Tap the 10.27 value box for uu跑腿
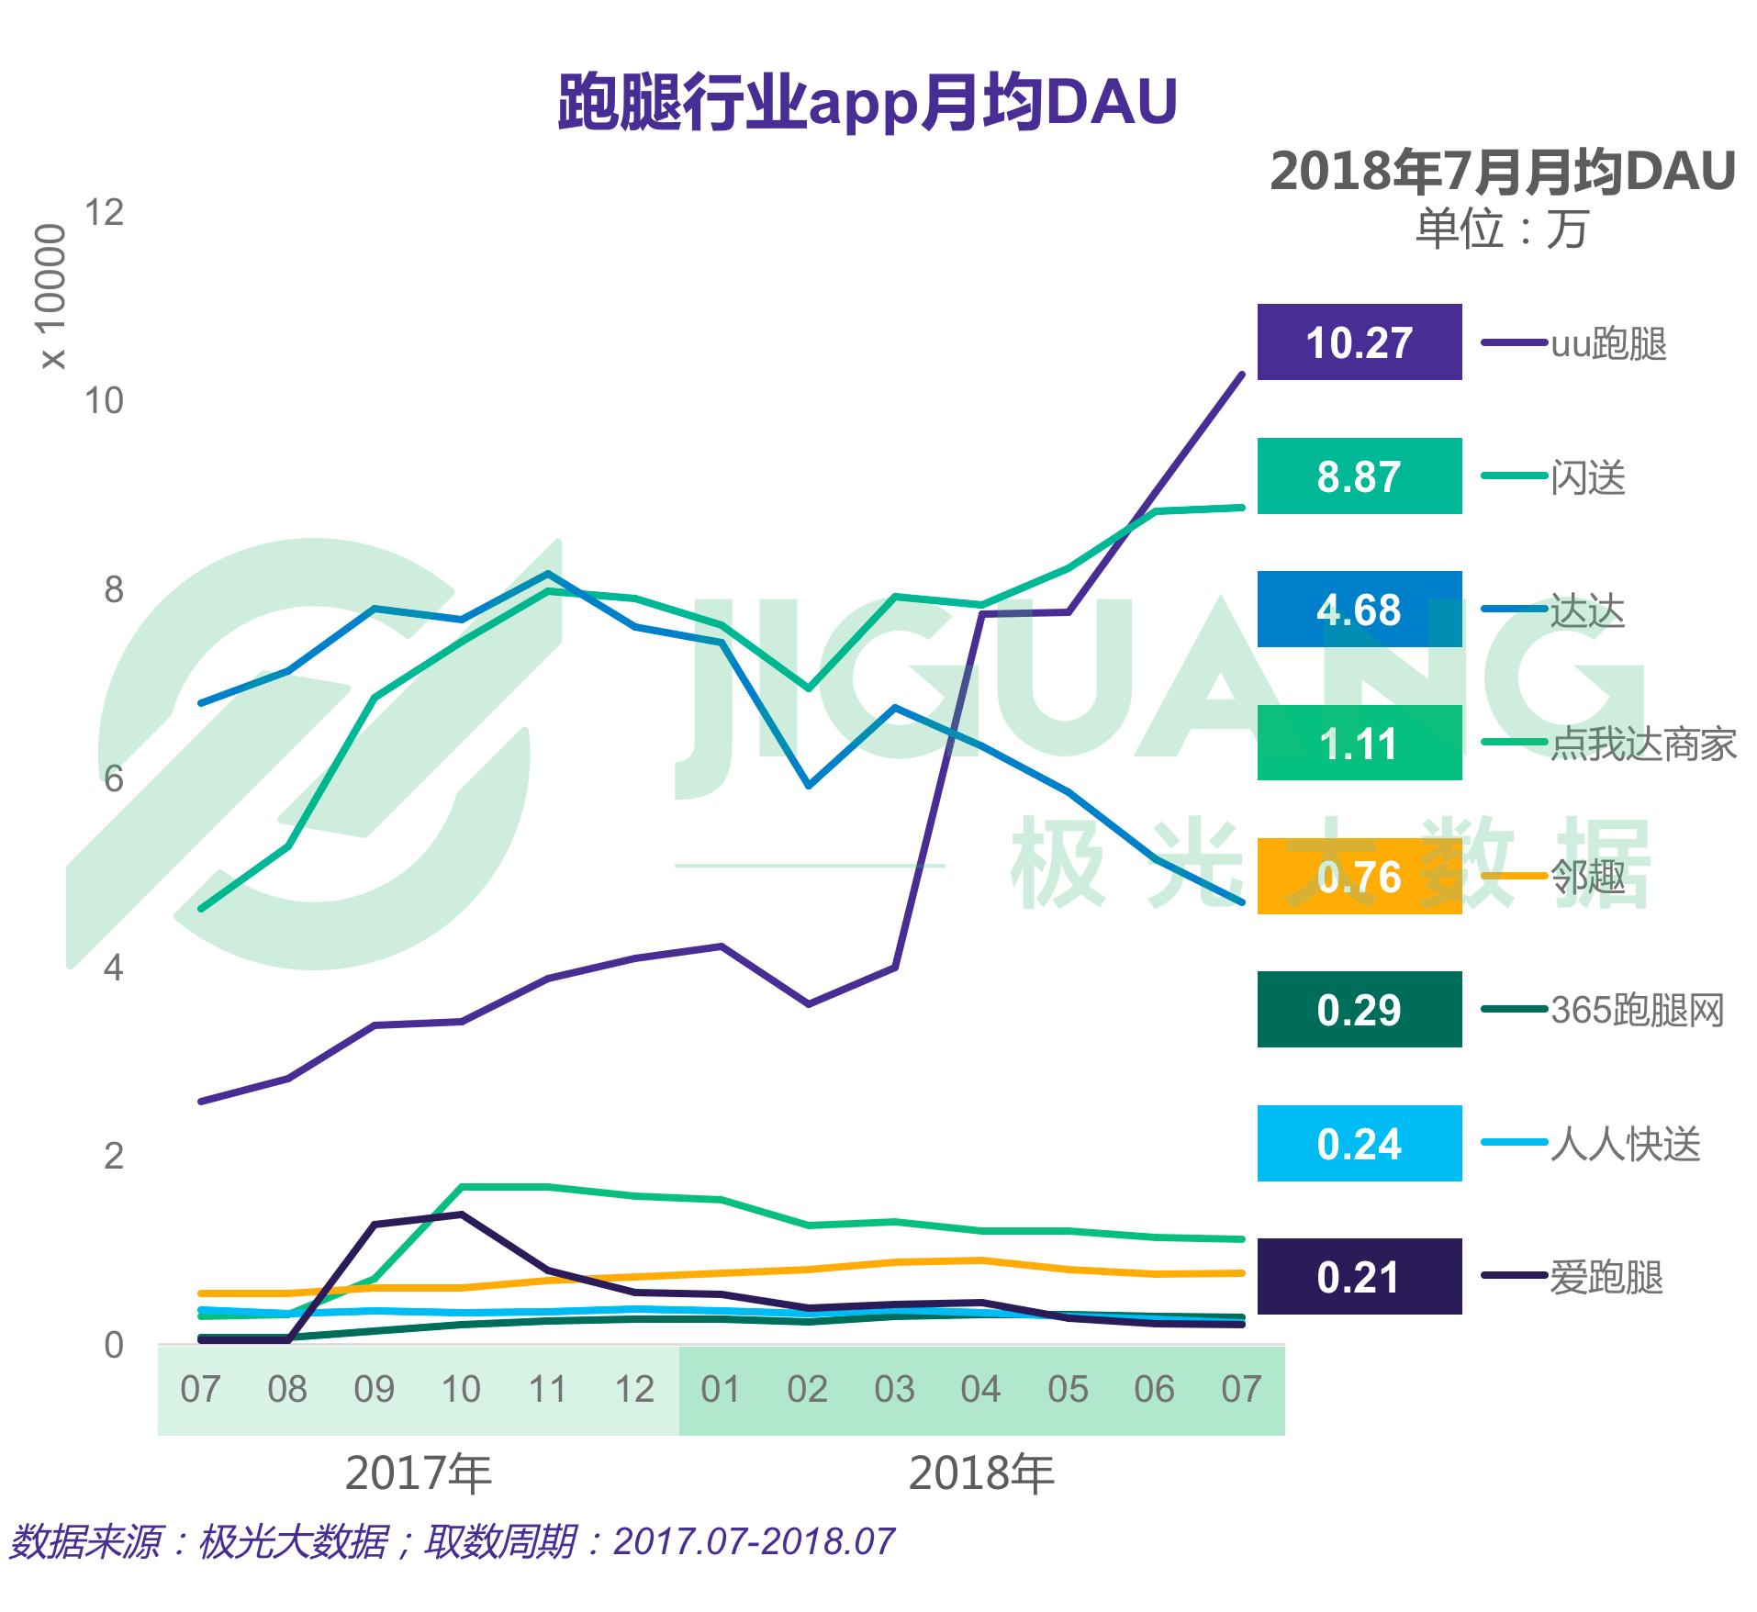coord(1359,342)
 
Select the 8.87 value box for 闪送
coord(1359,476)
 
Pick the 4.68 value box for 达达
coord(1359,610)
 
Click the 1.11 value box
coord(1359,744)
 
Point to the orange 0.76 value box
coord(1359,877)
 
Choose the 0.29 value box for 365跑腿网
coord(1359,1010)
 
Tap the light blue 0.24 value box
coord(1359,1144)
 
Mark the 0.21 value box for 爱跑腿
coord(1359,1277)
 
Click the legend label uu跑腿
coord(1608,343)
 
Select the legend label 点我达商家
coord(1643,744)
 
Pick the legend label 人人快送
coord(1626,1144)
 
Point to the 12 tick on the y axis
coord(104,213)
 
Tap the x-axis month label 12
coord(634,1390)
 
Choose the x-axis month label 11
coord(547,1390)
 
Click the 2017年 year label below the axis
coord(419,1474)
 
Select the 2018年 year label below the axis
coord(981,1474)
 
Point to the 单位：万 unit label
coord(1502,229)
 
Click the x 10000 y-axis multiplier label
coord(53,296)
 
